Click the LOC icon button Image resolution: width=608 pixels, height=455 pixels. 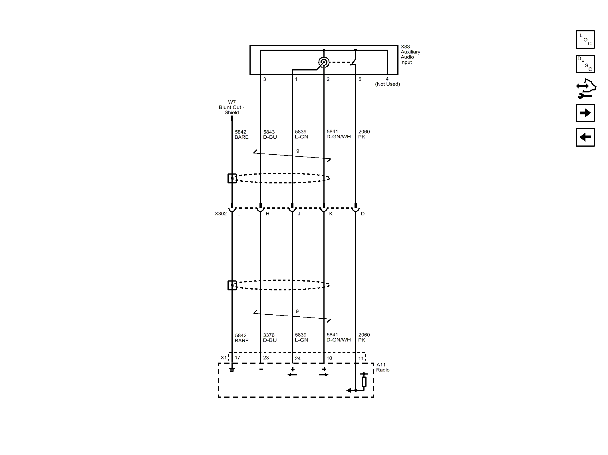coord(585,39)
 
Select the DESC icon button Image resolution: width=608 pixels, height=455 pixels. coord(585,64)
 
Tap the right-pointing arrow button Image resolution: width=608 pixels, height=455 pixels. coord(585,113)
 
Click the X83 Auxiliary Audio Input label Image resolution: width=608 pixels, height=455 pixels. coord(410,54)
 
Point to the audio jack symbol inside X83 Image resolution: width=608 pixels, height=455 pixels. coord(324,62)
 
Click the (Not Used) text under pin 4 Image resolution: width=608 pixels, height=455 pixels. coord(387,84)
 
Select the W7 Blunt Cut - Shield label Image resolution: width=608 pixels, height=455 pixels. coord(231,107)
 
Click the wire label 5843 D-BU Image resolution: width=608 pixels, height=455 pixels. coord(270,134)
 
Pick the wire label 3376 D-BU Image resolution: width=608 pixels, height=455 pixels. coord(270,337)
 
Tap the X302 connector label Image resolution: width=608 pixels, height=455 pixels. coord(221,214)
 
